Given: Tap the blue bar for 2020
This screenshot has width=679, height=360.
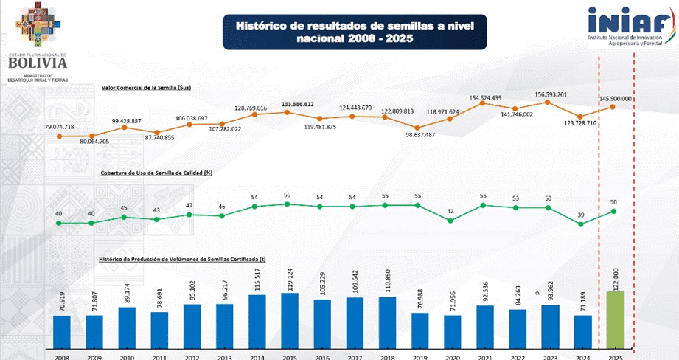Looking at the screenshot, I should click(451, 330).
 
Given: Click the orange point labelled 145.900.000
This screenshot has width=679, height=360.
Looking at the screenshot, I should click(613, 107).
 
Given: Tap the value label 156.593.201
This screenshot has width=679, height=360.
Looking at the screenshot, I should click(547, 94).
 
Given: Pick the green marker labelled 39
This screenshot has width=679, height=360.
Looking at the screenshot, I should click(581, 224).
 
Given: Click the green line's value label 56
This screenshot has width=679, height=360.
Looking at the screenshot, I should click(288, 195).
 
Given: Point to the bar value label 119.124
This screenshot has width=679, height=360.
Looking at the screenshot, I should click(288, 280).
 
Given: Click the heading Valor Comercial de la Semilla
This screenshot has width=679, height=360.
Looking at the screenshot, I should click(147, 87).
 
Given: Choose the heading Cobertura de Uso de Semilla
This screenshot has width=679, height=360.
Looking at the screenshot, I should click(157, 173).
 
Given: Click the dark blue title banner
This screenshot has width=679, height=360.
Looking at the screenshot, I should click(354, 31).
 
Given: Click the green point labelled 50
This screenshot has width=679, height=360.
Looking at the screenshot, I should click(613, 211).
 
